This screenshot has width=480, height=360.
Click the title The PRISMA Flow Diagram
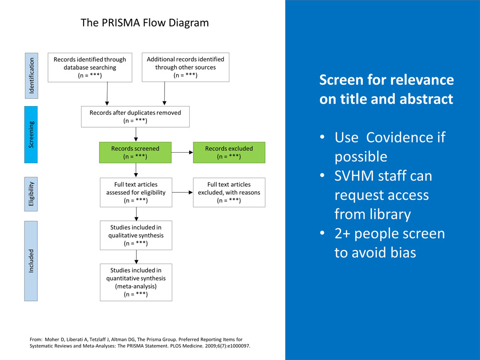(x=144, y=23)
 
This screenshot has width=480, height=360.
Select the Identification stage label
(x=31, y=76)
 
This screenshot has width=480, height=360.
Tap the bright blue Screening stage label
(x=31, y=134)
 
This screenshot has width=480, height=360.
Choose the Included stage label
(x=31, y=261)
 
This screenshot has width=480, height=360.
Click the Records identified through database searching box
(x=90, y=67)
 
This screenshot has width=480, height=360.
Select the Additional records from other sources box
(x=185, y=67)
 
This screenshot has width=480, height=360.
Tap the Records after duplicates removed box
(x=135, y=117)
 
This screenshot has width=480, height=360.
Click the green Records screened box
(x=135, y=152)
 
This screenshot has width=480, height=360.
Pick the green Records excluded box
(x=229, y=152)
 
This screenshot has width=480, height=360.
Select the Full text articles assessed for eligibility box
(x=136, y=192)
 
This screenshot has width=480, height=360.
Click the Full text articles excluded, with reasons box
(x=229, y=192)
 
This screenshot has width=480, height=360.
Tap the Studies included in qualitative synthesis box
(x=136, y=235)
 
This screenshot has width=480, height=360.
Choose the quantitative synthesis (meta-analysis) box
(x=136, y=282)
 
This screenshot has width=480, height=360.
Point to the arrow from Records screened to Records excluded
(x=182, y=153)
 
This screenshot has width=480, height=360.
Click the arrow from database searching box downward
(x=107, y=93)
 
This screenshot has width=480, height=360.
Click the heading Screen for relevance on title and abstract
(x=386, y=89)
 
